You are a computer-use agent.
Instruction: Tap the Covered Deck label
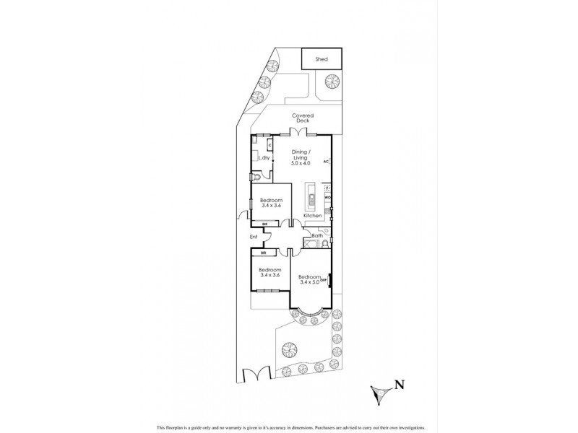(302, 118)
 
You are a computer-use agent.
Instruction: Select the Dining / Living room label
(301, 155)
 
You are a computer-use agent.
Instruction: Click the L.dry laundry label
(264, 157)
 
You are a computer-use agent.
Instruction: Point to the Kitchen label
(311, 216)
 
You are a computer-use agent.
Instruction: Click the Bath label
(317, 235)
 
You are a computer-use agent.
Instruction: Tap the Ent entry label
(254, 236)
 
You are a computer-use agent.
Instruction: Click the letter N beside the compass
(398, 385)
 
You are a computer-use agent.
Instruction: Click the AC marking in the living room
(326, 162)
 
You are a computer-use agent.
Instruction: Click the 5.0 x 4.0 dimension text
(301, 164)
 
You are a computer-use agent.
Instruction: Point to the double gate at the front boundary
(255, 376)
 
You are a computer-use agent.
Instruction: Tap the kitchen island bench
(310, 201)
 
